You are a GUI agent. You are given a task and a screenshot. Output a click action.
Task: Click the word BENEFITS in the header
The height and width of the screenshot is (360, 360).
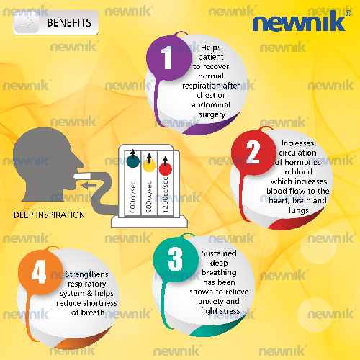click(x=69, y=23)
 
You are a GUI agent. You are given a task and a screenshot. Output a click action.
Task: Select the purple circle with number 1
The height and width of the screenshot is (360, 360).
click(x=168, y=58)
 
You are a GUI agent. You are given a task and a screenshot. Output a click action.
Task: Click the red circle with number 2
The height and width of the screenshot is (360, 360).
click(x=253, y=152)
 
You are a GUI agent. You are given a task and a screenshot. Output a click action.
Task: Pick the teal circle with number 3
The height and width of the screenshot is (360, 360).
click(x=176, y=259)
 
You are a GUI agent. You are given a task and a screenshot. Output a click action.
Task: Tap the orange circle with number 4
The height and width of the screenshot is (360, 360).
click(x=40, y=272)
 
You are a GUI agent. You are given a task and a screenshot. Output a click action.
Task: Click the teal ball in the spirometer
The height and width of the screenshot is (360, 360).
click(x=132, y=161)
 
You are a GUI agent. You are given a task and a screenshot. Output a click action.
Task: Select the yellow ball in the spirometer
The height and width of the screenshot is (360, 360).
click(x=149, y=165)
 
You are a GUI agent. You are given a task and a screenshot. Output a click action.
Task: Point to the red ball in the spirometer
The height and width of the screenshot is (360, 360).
click(x=166, y=168)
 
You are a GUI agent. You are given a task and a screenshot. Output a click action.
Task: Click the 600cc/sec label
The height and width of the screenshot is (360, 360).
click(x=132, y=197)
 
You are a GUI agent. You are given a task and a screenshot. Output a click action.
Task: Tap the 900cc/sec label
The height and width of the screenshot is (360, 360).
click(x=149, y=197)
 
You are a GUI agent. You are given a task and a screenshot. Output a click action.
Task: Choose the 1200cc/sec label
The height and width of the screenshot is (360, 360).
click(x=165, y=195)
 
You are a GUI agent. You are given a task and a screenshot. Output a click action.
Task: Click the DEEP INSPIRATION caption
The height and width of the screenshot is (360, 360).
click(x=49, y=215)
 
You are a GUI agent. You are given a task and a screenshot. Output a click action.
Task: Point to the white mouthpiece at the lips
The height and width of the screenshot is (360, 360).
click(x=82, y=176)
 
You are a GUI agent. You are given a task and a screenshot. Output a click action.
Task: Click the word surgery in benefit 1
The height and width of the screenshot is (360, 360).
click(x=212, y=114)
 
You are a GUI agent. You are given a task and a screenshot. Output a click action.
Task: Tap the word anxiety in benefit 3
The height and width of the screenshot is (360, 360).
click(x=208, y=302)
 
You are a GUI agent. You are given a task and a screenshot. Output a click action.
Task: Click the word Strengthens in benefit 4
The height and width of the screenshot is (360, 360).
click(x=86, y=274)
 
